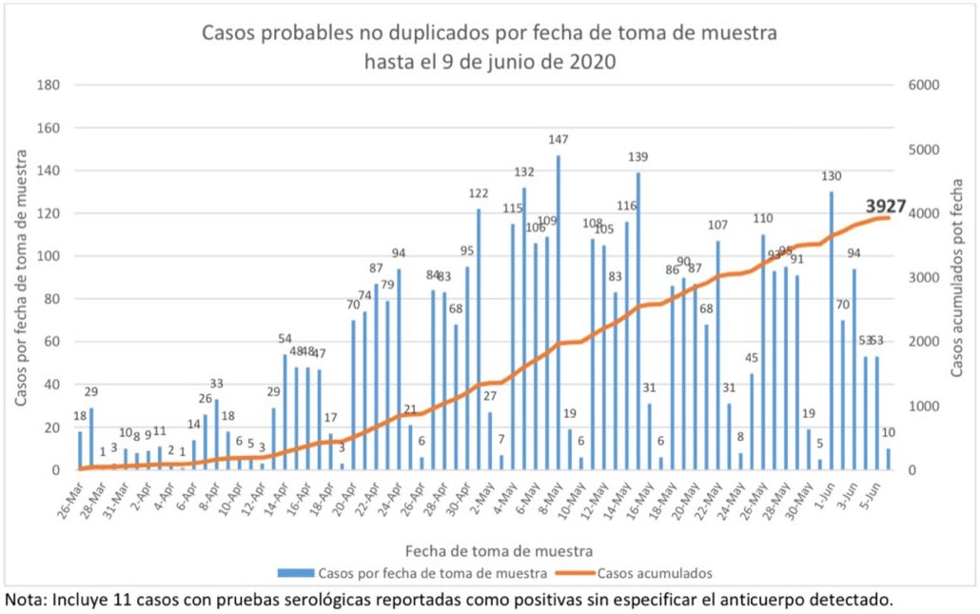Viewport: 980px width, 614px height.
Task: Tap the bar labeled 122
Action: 479,339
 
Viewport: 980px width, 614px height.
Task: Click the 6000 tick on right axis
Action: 925,85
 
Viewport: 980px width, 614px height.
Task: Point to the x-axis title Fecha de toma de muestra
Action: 500,550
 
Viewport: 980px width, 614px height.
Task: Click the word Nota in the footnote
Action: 25,601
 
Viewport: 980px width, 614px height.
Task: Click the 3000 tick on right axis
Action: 925,278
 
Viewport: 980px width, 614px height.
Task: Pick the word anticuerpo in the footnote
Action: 766,601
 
